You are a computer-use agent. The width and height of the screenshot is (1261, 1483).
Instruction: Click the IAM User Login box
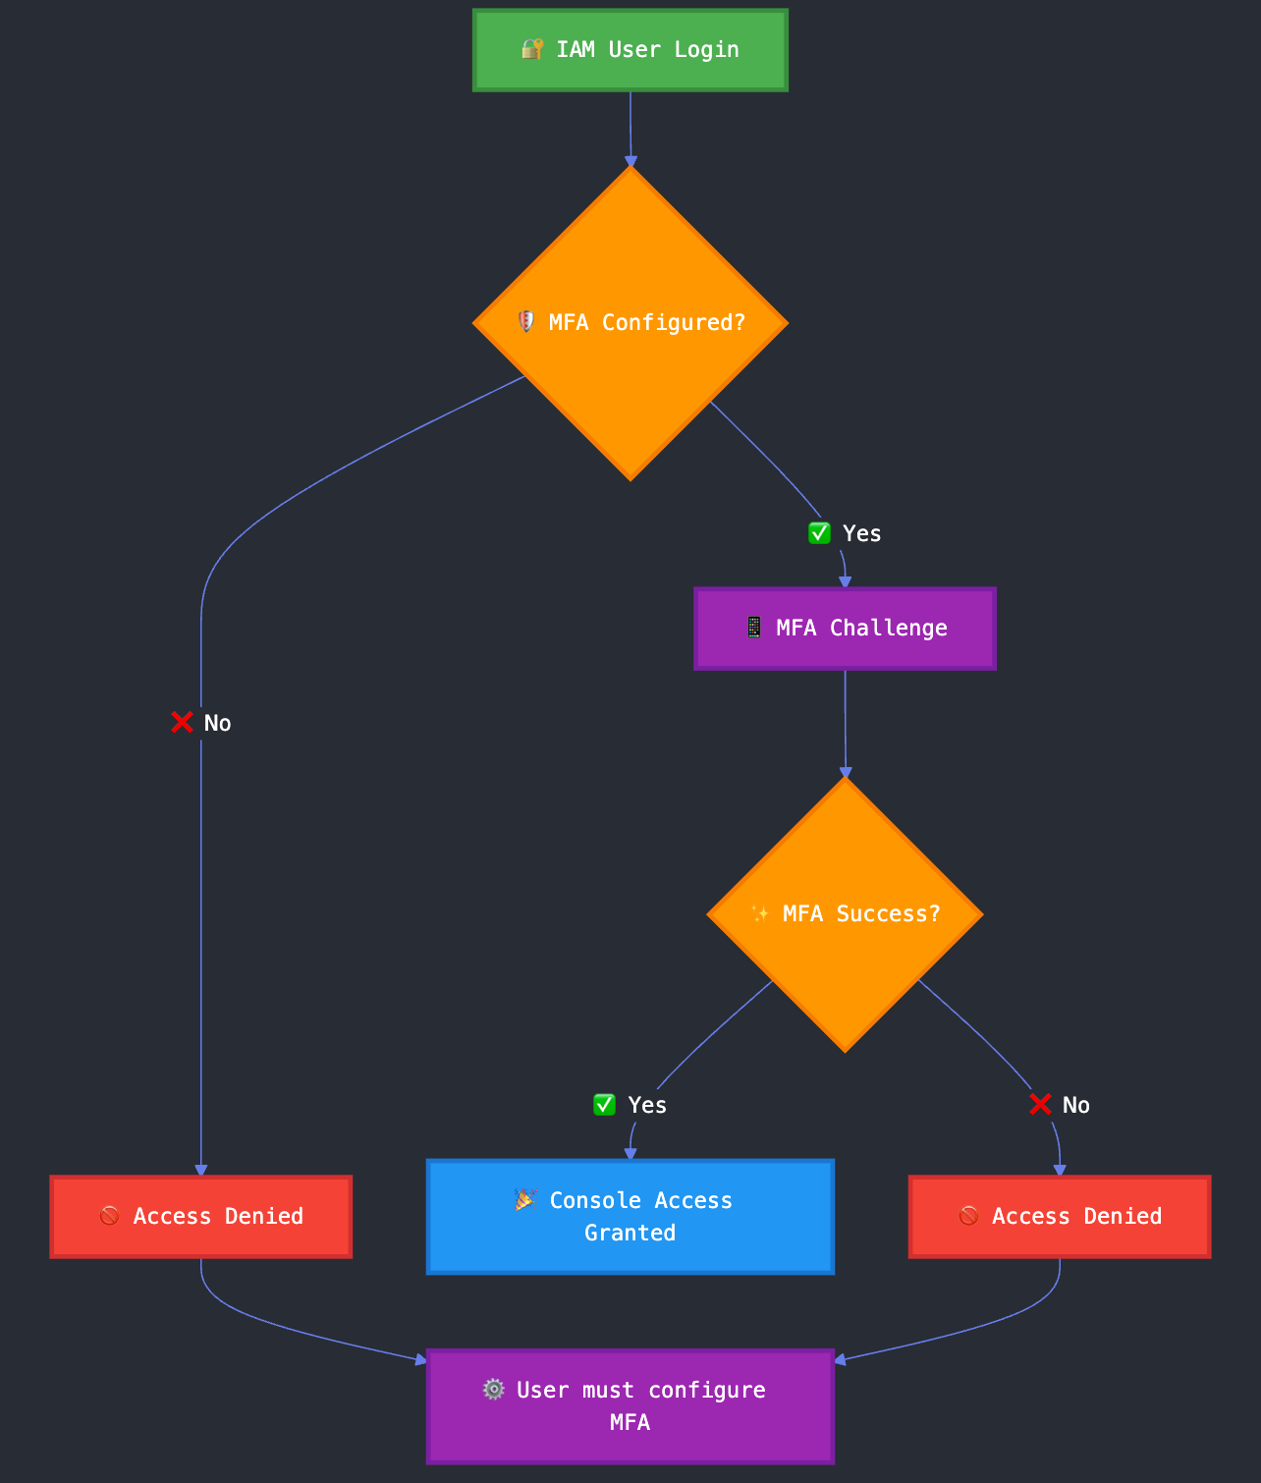630,50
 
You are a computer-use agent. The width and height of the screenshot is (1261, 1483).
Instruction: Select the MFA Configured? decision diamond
630,323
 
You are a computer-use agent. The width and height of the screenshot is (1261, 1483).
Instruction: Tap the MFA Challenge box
845,629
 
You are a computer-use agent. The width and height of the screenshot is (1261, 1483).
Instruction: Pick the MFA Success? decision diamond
845,914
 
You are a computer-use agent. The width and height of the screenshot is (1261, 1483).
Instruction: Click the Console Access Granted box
630,1217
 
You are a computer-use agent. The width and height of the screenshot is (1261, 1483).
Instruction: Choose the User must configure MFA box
630,1406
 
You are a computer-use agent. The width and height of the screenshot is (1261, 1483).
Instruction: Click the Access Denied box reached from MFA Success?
1060,1217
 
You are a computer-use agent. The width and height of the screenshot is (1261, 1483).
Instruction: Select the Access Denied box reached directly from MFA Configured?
200,1217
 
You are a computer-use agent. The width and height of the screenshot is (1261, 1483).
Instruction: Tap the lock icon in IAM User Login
532,49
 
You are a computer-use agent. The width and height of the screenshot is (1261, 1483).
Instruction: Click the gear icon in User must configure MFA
494,1390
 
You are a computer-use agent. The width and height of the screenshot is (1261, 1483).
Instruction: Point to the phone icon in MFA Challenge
753,628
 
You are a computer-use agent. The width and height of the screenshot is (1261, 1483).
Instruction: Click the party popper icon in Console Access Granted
525,1200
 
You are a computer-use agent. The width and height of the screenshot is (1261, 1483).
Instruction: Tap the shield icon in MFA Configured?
526,322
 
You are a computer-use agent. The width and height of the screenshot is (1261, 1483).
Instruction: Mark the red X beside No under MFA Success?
1040,1105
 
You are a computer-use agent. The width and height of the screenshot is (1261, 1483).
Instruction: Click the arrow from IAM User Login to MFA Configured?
630,128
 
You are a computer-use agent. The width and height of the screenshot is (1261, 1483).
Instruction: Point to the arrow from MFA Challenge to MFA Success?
845,723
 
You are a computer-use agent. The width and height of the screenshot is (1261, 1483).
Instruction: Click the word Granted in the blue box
630,1234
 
